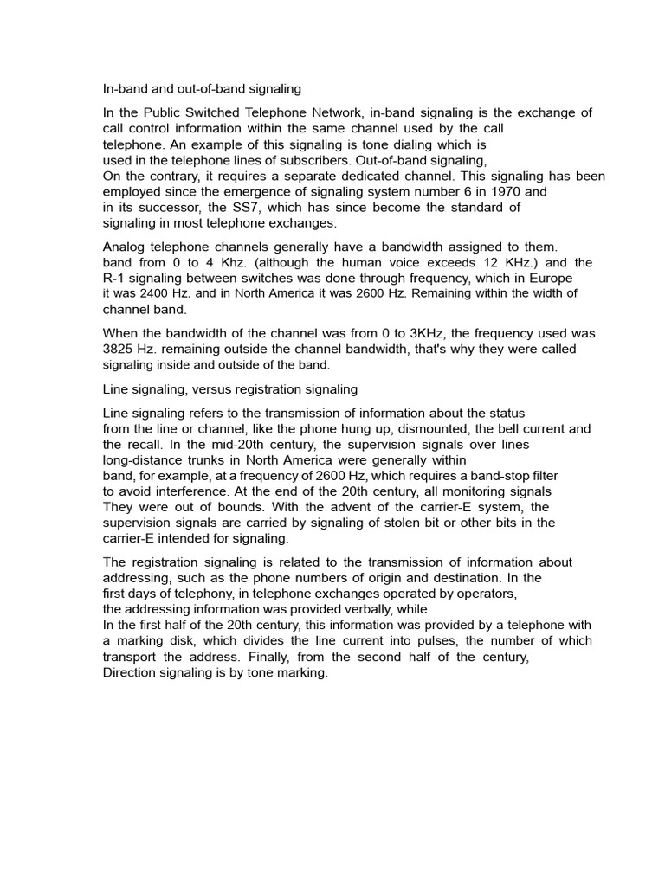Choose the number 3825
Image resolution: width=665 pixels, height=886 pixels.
pyautogui.click(x=120, y=349)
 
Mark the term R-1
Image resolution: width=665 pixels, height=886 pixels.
pyautogui.click(x=115, y=278)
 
